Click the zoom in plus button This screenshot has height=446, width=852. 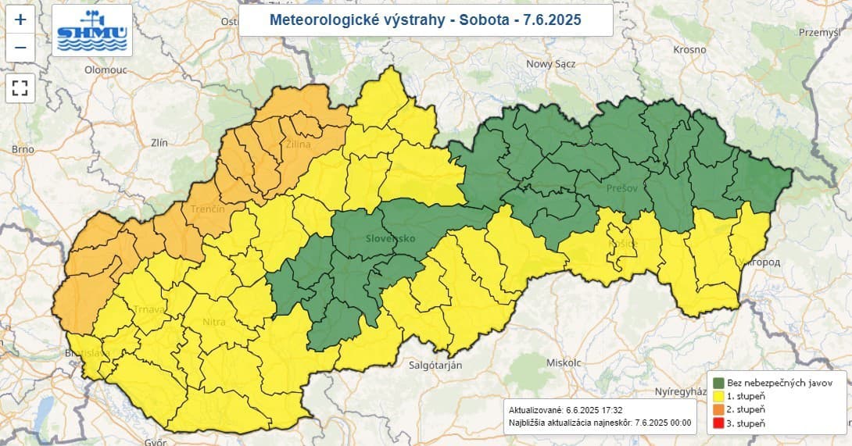(x=20, y=20)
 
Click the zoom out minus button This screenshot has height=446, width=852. (x=20, y=48)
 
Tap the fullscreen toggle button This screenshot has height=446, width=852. (x=20, y=87)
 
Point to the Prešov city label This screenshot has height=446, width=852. (x=622, y=188)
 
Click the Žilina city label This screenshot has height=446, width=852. (x=298, y=145)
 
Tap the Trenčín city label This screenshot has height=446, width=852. (x=207, y=209)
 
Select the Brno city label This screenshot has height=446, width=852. (x=23, y=148)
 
